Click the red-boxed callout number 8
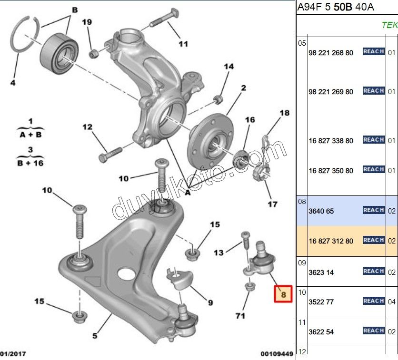[283, 295]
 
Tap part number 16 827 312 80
[331, 241]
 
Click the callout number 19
[86, 22]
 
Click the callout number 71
[240, 315]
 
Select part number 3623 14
[321, 272]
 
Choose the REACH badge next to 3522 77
[373, 301]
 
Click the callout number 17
[272, 204]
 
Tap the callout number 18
[284, 113]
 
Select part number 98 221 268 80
[331, 53]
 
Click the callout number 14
[229, 67]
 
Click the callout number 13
[219, 253]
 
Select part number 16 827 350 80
[331, 170]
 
